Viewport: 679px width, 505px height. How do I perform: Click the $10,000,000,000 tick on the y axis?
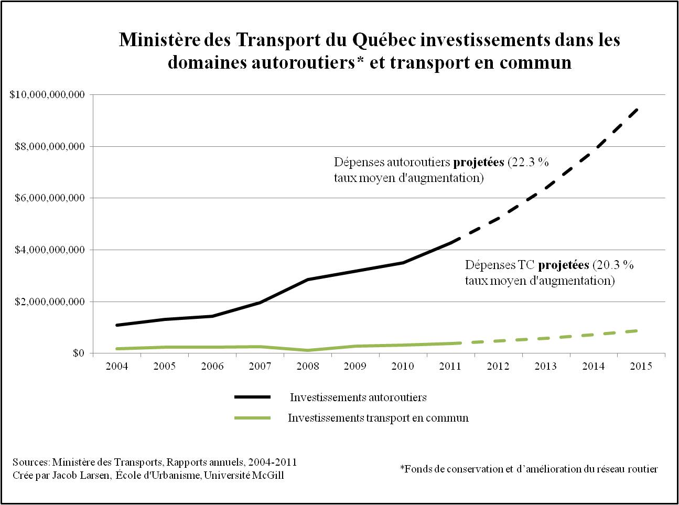[x=47, y=95]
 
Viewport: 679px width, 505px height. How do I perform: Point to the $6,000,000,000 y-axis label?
[x=47, y=198]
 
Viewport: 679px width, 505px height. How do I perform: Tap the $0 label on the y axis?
[x=79, y=353]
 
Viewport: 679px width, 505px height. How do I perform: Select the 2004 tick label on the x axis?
[x=116, y=366]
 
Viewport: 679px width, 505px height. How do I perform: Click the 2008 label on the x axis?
[x=307, y=366]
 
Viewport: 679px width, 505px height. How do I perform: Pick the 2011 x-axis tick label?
[x=450, y=366]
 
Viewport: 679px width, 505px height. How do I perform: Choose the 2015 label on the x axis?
[x=641, y=366]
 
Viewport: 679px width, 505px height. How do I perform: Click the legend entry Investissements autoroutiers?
[x=358, y=397]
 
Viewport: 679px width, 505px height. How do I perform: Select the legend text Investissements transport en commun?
[x=378, y=418]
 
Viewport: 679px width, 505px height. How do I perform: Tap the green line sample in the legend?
[x=252, y=418]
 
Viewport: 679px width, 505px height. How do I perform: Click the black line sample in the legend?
[x=252, y=397]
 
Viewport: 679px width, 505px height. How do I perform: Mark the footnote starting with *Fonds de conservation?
[x=529, y=469]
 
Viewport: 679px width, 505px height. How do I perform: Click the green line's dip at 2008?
[x=307, y=350]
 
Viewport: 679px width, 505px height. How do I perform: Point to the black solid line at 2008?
[x=307, y=280]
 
